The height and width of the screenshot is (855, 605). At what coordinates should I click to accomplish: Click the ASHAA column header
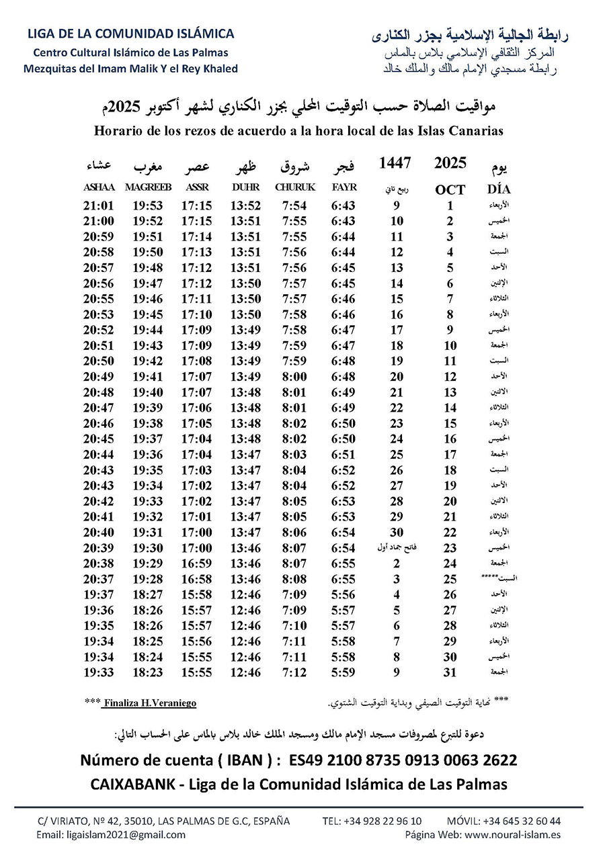[99, 187]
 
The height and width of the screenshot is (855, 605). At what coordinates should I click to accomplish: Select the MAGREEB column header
[148, 187]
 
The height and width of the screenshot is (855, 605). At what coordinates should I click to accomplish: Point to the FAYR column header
[344, 187]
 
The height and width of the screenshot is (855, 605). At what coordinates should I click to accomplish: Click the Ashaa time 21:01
[99, 206]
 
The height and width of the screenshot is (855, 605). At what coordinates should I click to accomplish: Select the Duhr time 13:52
[245, 206]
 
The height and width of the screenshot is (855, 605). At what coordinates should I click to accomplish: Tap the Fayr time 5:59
[344, 672]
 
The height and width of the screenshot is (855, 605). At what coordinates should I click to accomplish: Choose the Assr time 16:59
[196, 563]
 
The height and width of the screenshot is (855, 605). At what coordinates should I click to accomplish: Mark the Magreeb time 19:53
[148, 206]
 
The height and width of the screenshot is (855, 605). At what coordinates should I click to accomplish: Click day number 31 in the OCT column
[450, 672]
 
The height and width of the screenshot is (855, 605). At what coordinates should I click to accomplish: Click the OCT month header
[450, 189]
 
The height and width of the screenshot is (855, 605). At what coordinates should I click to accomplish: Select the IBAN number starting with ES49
[403, 760]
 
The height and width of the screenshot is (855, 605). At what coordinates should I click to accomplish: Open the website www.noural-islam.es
[512, 835]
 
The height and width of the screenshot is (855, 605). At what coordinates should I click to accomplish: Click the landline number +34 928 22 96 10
[385, 821]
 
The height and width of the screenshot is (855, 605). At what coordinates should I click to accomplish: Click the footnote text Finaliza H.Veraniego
[149, 703]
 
